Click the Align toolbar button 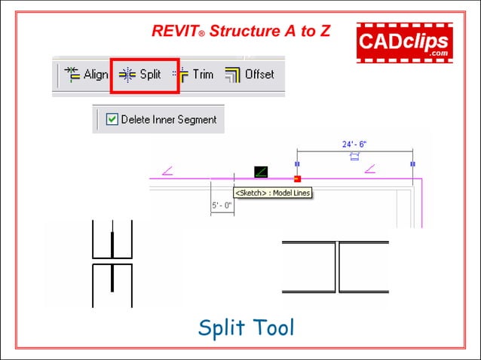[x=86, y=75]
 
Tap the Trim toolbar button [x=194, y=75]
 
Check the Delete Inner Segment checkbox [x=112, y=119]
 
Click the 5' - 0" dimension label [x=222, y=205]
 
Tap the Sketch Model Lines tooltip [x=272, y=193]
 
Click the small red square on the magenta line [x=297, y=178]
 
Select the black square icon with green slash [x=261, y=172]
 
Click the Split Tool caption [x=245, y=328]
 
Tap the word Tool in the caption [x=271, y=328]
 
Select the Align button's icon [x=72, y=74]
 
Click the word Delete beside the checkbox [x=136, y=119]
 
